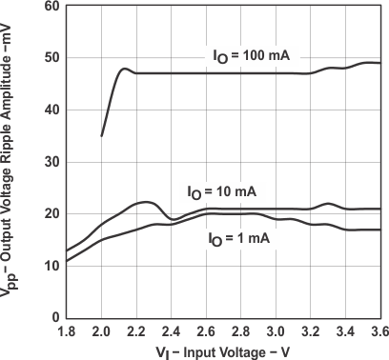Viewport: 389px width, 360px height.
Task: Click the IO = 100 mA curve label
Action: pyautogui.click(x=251, y=56)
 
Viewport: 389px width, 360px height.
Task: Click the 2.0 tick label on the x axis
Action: pyautogui.click(x=102, y=332)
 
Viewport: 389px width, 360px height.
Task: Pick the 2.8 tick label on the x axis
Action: pyautogui.click(x=241, y=332)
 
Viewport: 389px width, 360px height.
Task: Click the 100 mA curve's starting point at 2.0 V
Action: pyautogui.click(x=102, y=135)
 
